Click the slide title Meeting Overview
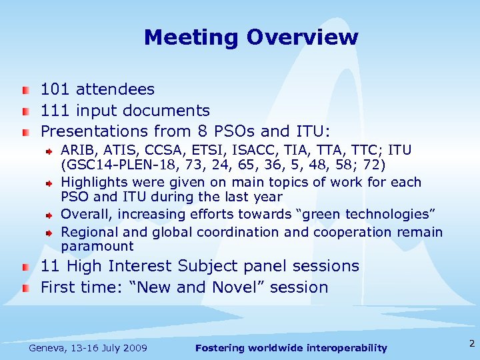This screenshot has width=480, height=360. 251,37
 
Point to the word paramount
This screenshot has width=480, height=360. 97,247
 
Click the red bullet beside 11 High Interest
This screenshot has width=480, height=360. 25,267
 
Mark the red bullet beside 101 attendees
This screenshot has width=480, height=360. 25,90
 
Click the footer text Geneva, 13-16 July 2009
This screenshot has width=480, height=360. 88,348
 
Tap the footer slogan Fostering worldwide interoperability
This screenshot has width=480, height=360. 291,348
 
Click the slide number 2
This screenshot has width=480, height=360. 471,344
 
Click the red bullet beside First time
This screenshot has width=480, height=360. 25,288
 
